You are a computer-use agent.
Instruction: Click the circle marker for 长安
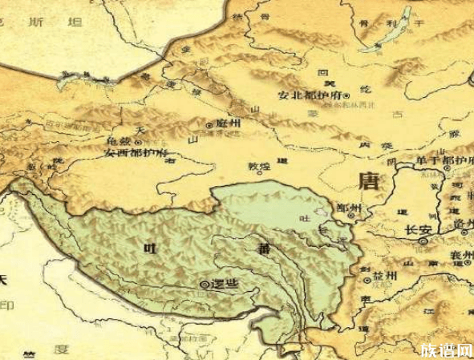pyautogui.click(x=422, y=240)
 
